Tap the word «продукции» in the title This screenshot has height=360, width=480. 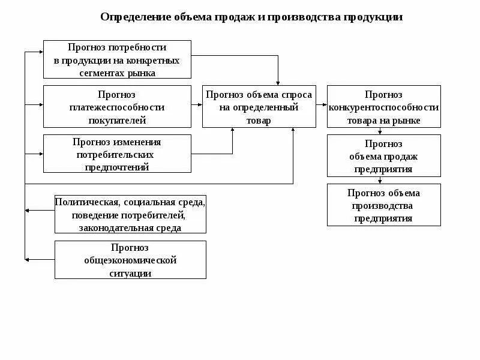pos(373,17)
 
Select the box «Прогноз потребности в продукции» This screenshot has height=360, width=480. pos(117,59)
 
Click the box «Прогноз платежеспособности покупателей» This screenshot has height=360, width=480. pos(117,107)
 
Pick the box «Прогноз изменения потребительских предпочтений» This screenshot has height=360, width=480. pos(117,154)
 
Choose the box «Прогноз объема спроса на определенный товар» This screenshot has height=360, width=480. pos(259,107)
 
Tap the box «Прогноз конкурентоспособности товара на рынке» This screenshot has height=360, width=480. pos(383,107)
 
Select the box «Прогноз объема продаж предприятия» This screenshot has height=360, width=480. pos(383,156)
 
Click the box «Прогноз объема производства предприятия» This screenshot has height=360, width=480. pos(383,205)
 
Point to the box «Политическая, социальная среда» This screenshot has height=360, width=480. pos(130,214)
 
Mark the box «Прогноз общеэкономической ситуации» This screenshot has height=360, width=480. pos(130,260)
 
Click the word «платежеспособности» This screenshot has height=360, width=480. pos(117,107)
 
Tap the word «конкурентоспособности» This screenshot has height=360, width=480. pos(383,107)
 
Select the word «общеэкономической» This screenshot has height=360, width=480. pos(130,260)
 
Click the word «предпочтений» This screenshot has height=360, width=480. pos(117,167)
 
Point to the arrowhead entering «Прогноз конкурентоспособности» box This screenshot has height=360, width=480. pos(324,106)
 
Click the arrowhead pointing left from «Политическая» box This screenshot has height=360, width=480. pos(28,211)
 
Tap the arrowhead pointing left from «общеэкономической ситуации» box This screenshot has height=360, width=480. pos(28,259)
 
